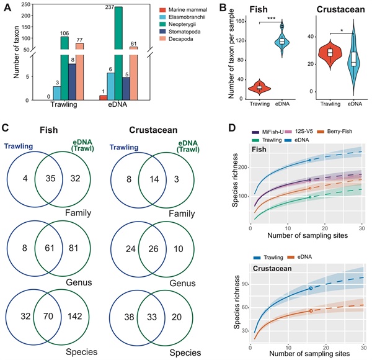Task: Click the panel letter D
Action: coord(232,129)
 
